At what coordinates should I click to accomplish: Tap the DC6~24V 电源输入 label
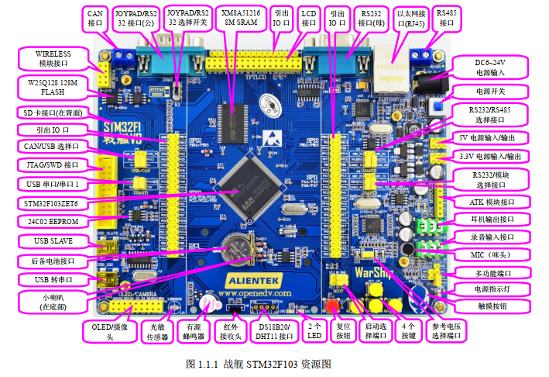(489, 67)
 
